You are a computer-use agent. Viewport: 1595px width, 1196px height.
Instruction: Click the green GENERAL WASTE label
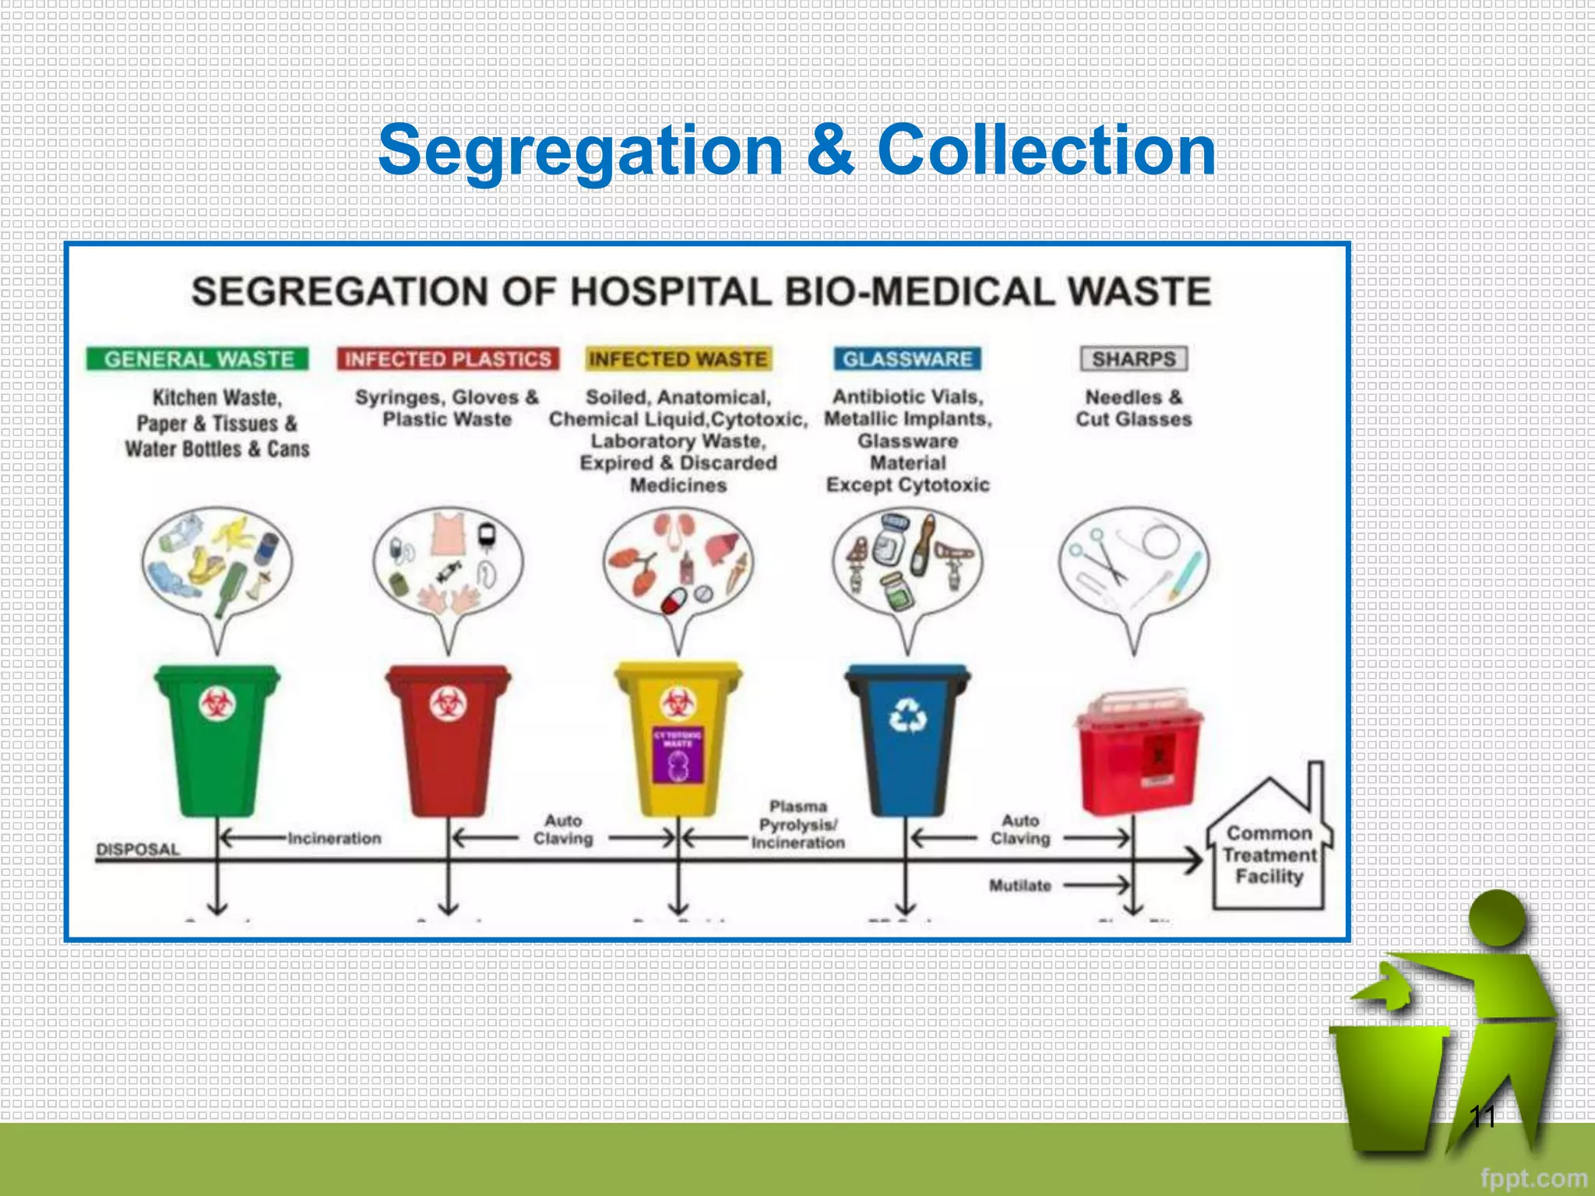click(x=198, y=359)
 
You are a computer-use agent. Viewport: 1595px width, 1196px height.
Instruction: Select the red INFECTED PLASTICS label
click(x=448, y=359)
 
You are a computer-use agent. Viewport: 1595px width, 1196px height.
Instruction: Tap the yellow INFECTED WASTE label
click(x=678, y=359)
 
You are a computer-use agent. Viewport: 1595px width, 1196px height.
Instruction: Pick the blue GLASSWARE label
click(x=907, y=359)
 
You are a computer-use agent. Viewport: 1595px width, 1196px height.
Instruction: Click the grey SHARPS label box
click(x=1134, y=359)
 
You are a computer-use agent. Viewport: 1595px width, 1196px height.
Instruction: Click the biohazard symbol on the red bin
click(x=449, y=705)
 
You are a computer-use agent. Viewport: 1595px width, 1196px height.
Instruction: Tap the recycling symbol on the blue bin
click(x=908, y=715)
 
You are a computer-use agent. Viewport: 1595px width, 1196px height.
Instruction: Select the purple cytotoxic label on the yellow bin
click(x=678, y=755)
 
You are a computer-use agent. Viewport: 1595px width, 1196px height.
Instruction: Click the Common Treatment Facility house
click(x=1269, y=853)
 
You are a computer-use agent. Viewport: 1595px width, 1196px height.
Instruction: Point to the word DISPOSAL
click(x=138, y=849)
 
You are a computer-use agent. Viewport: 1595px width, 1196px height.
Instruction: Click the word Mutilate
click(x=1020, y=885)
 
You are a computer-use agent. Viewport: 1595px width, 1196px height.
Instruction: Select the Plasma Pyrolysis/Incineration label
click(x=797, y=825)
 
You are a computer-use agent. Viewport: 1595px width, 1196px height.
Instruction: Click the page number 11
click(x=1482, y=1117)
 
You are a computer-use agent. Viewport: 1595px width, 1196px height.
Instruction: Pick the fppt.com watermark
click(x=1533, y=1178)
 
